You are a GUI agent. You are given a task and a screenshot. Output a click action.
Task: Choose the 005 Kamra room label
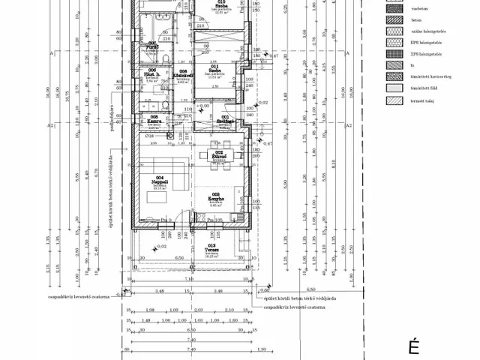point(154,118)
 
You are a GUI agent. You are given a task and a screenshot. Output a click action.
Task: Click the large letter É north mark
point(412,346)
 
